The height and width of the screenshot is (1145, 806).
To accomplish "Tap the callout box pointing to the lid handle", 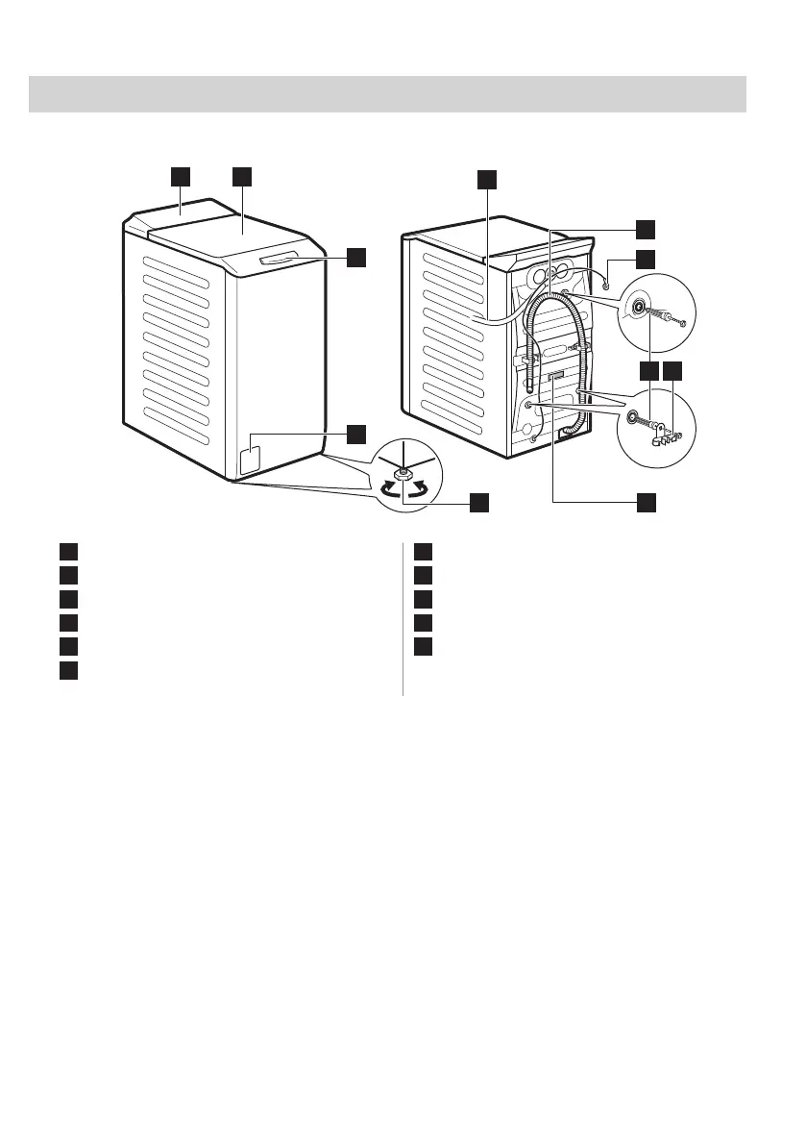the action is pyautogui.click(x=356, y=257).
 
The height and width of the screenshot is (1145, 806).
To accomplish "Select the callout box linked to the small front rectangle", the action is pyautogui.click(x=356, y=434).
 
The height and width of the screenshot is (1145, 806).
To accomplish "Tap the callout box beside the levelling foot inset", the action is pyautogui.click(x=478, y=501).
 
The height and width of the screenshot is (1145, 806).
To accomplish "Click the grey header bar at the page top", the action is pyautogui.click(x=388, y=94).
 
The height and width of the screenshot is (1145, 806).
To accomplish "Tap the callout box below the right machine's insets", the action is pyautogui.click(x=647, y=501).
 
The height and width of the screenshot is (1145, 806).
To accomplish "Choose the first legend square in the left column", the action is pyautogui.click(x=66, y=553).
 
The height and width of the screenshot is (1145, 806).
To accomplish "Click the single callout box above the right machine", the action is pyautogui.click(x=487, y=179).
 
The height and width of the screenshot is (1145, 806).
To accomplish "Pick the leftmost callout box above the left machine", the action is pyautogui.click(x=181, y=175).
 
